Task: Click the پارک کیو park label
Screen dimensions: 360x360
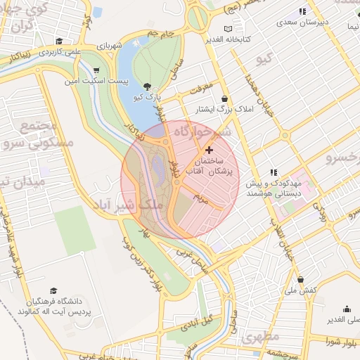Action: click(x=148, y=96)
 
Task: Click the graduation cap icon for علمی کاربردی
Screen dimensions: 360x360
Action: click(x=59, y=41)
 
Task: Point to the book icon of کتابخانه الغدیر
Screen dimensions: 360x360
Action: click(x=226, y=29)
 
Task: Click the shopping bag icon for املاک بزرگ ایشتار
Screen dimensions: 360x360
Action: click(x=224, y=98)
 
